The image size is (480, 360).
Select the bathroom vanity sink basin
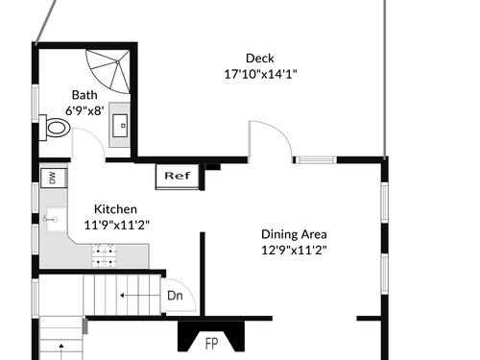(x=120, y=126)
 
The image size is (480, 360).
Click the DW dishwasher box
(x=54, y=178)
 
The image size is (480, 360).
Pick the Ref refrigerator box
(x=178, y=176)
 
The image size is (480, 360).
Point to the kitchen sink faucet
(x=50, y=219)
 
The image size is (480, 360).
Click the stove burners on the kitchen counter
(x=104, y=255)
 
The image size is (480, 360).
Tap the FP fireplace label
(x=211, y=344)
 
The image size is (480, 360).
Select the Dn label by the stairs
(x=175, y=296)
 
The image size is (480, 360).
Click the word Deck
(x=260, y=59)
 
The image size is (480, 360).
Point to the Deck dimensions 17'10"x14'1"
(x=260, y=74)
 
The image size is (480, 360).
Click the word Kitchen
(x=115, y=209)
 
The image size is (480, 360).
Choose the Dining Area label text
(x=294, y=234)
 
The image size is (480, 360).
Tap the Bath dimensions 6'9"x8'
(x=84, y=111)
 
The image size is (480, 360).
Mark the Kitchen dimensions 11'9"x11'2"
(x=116, y=225)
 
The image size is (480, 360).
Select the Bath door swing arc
(x=92, y=137)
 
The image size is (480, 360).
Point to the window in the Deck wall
(x=315, y=159)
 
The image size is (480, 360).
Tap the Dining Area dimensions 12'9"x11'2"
(x=294, y=250)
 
